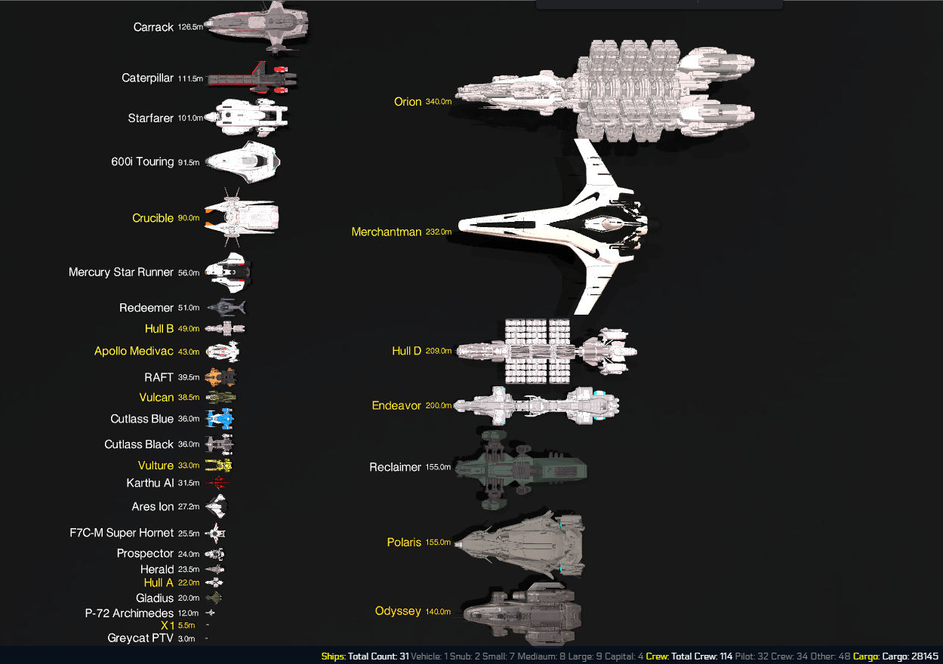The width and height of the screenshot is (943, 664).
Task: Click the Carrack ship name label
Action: [153, 27]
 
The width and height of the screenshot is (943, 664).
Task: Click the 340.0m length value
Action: [438, 102]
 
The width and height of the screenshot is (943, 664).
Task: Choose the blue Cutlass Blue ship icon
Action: [220, 419]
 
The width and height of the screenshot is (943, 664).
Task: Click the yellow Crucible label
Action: [153, 218]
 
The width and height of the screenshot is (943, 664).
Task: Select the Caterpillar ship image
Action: [251, 78]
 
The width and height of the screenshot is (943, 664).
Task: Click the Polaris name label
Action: [404, 543]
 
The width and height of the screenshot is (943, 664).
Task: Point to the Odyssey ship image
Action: [521, 611]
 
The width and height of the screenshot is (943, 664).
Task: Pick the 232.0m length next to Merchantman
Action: [438, 232]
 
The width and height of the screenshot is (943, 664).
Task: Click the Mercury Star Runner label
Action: [121, 272]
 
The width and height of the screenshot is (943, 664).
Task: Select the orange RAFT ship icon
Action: [220, 377]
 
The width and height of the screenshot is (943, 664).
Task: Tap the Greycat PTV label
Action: [140, 638]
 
